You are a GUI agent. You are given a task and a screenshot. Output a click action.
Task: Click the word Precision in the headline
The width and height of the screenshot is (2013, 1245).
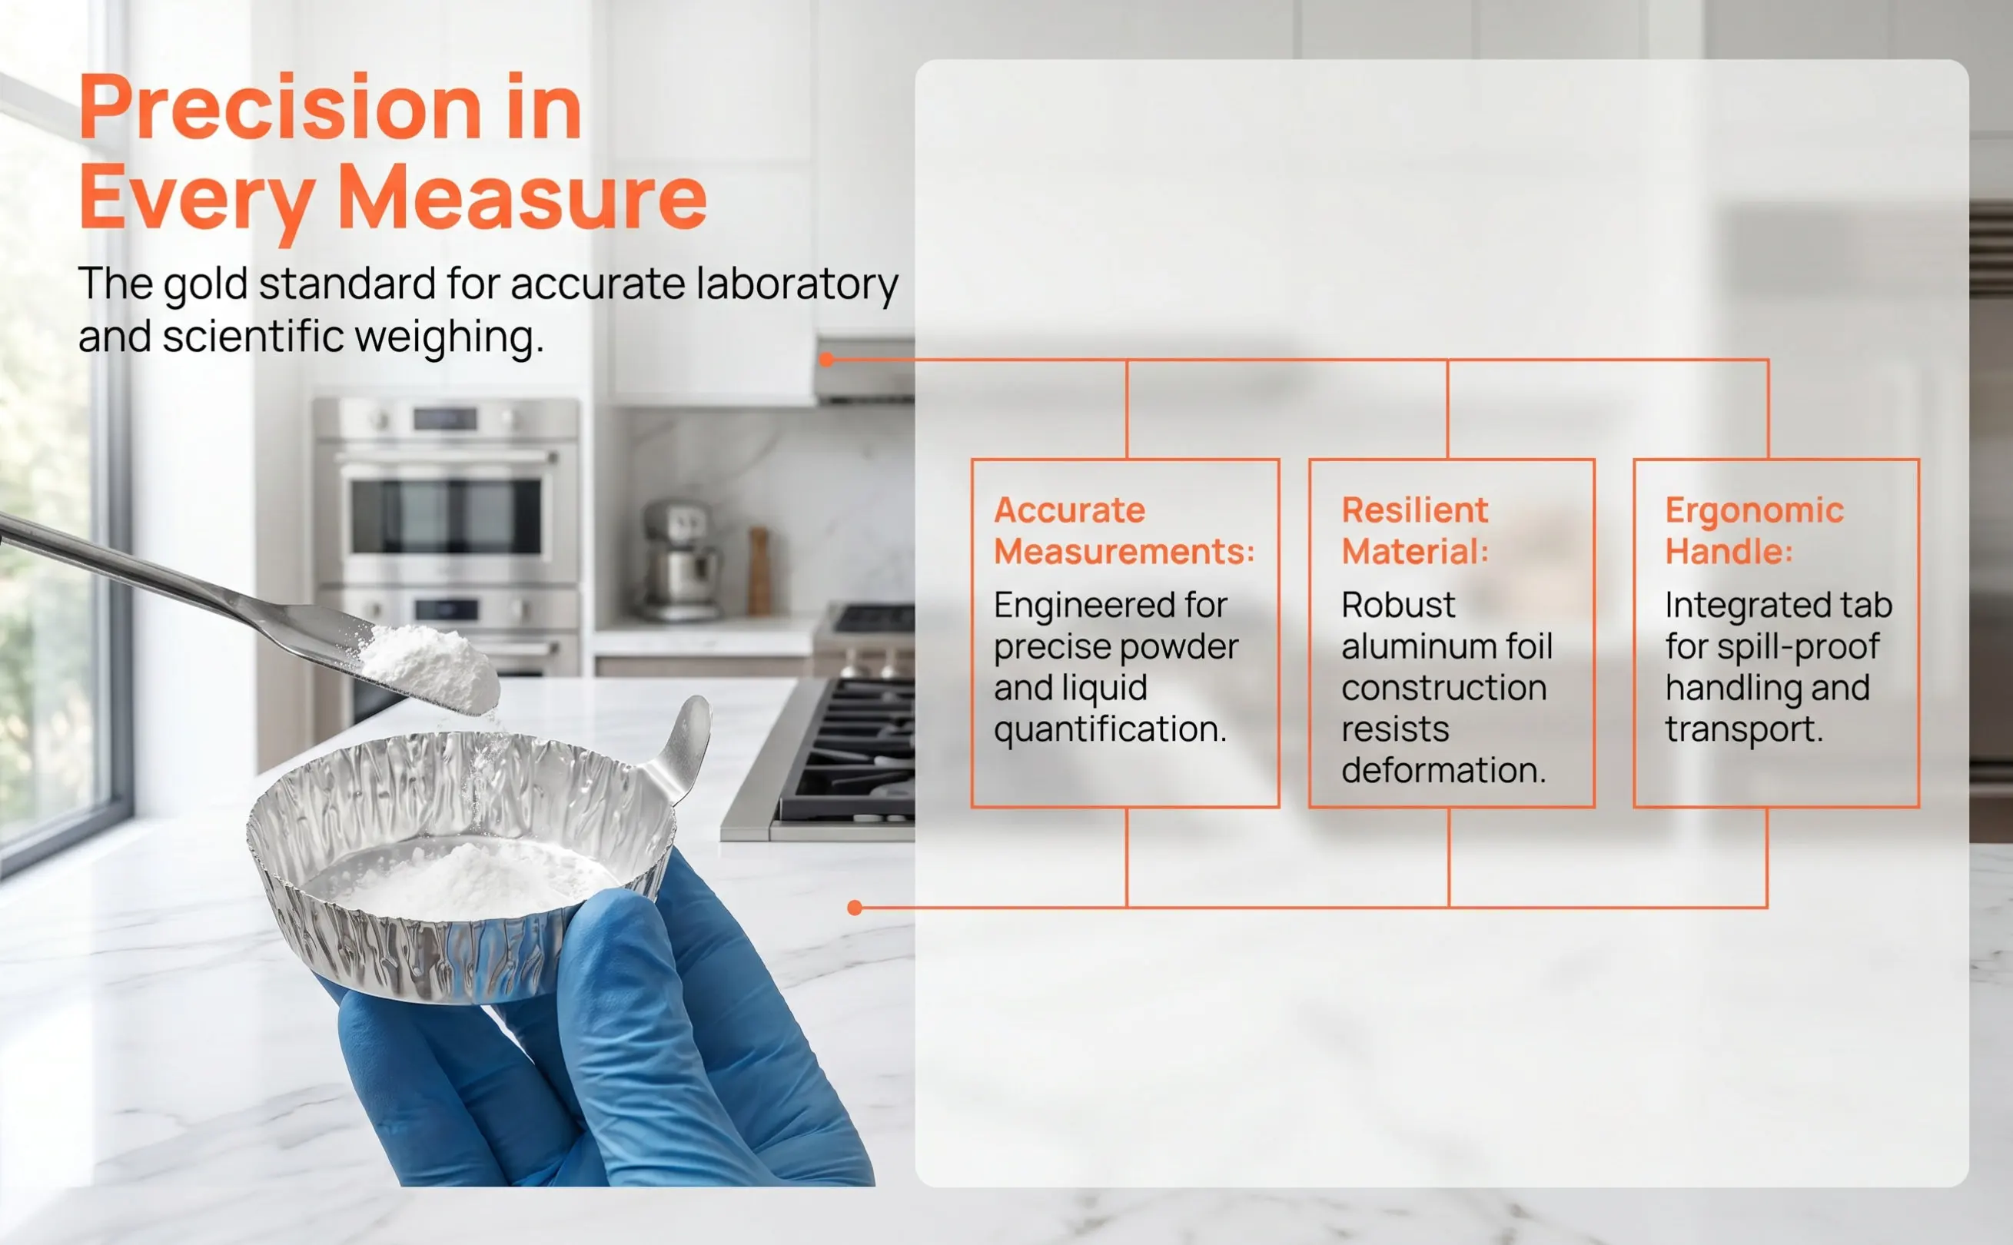pos(280,108)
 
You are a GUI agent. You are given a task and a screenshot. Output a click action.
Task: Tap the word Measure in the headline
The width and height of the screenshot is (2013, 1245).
pos(523,198)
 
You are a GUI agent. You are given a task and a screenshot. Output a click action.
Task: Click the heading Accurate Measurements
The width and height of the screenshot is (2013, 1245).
pos(1124,530)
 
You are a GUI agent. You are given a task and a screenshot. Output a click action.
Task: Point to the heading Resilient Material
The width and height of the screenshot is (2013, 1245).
pos(1414,530)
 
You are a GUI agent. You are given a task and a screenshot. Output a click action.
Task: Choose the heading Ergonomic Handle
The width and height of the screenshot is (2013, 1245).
pos(1754,530)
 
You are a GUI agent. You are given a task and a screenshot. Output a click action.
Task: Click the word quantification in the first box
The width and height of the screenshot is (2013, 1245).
pos(1110,729)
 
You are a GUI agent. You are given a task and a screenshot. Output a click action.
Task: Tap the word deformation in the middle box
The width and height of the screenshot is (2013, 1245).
pos(1443,770)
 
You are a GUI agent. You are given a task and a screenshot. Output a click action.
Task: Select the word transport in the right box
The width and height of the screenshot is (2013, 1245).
pos(1744,729)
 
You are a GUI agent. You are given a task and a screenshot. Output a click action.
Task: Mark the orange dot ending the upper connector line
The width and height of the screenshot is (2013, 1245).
pos(826,359)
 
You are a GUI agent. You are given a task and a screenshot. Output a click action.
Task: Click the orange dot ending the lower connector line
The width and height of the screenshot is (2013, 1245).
pos(855,908)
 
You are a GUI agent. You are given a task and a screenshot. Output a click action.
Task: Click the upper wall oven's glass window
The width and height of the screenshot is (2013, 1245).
pos(447,517)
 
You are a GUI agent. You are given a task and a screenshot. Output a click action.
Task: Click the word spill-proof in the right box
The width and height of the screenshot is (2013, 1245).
pos(1798,647)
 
